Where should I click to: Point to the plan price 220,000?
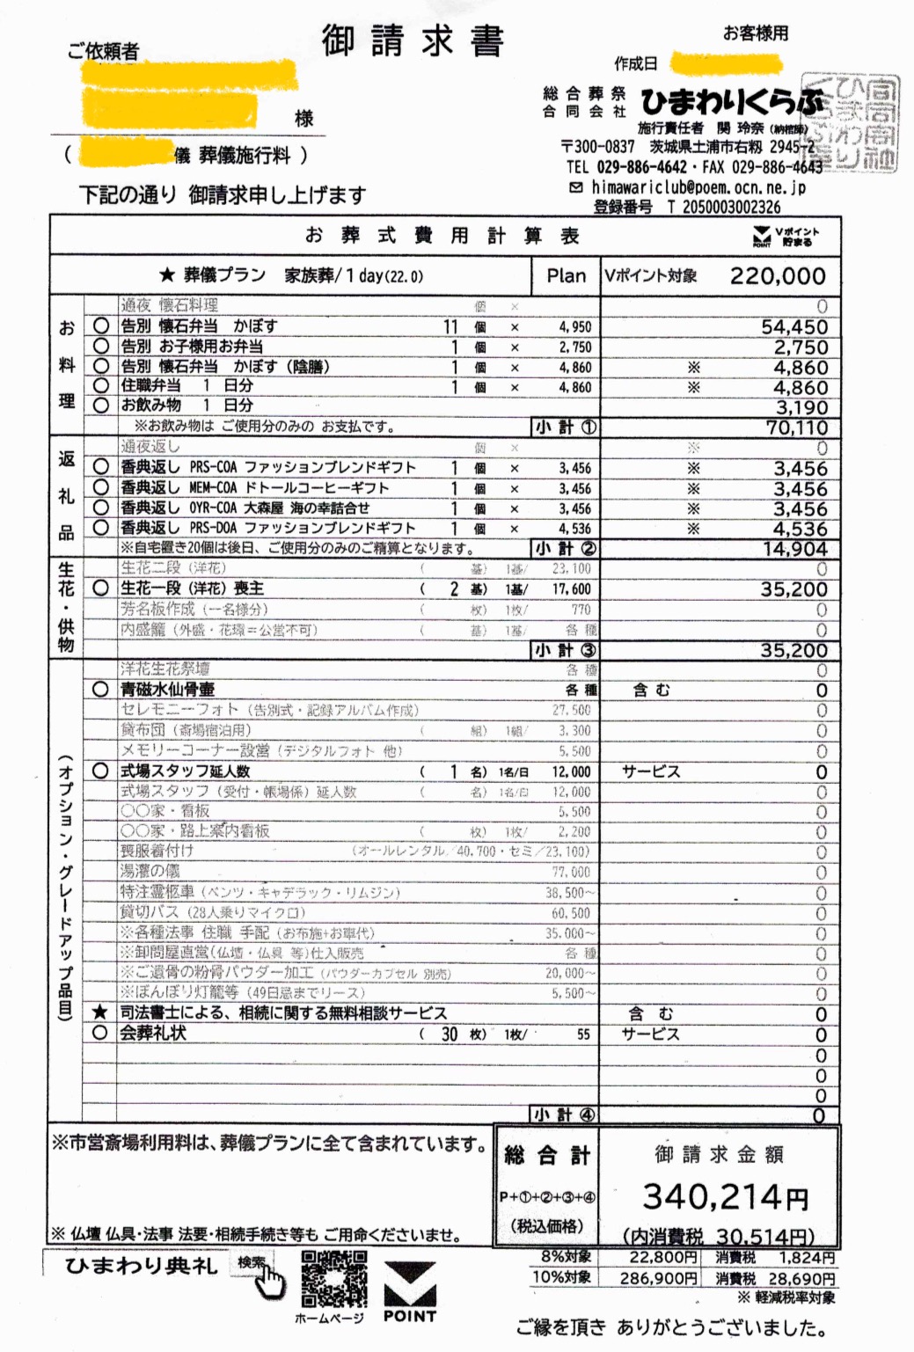[777, 276]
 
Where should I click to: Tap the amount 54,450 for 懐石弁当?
[793, 326]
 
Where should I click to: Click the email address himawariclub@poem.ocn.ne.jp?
[698, 187]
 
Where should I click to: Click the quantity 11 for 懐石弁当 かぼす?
[450, 326]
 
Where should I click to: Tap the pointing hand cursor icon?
[270, 1283]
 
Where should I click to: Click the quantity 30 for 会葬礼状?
[449, 1034]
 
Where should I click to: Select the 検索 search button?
[250, 1262]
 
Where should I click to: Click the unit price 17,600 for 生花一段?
[571, 589]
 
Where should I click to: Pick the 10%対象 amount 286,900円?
[658, 1278]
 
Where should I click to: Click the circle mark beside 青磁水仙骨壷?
[100, 690]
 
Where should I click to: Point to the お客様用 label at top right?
[755, 33]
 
